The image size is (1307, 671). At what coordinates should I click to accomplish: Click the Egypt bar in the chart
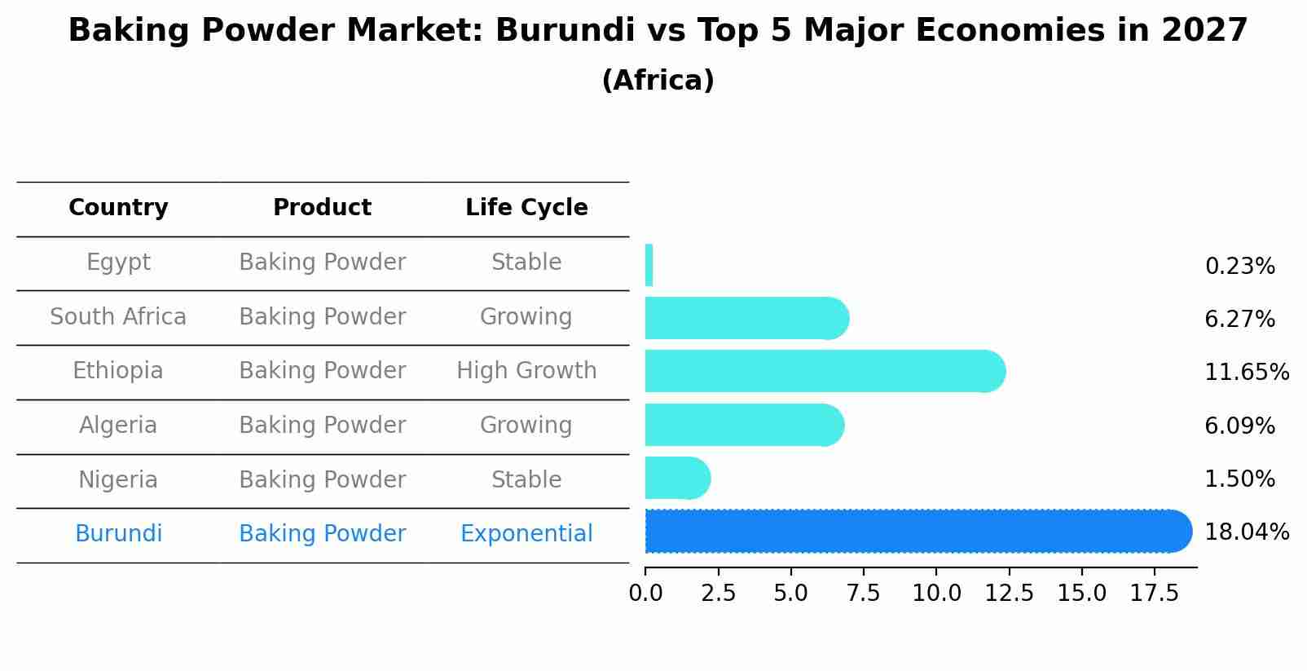pos(649,265)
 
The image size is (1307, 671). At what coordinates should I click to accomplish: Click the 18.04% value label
pos(1247,532)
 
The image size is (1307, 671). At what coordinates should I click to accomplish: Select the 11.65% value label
pos(1247,373)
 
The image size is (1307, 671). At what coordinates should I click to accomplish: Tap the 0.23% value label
pos(1239,267)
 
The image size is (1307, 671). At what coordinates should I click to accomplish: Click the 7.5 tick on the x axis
pos(864,594)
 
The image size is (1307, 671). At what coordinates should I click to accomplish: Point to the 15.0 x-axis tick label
pos(1082,594)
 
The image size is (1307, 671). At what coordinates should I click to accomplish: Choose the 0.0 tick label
pos(645,594)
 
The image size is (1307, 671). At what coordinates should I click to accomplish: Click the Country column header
pos(118,208)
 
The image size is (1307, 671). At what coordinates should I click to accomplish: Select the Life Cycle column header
pos(526,208)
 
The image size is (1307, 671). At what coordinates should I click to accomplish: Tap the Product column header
pos(322,208)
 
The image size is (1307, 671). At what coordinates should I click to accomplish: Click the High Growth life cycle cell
pos(526,371)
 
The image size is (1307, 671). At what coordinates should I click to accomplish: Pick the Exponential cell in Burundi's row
pos(526,534)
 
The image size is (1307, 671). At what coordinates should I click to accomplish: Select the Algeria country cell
pos(118,426)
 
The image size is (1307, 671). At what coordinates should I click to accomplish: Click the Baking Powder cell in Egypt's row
pos(322,263)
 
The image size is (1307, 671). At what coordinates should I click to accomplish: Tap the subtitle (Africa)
pos(658,81)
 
